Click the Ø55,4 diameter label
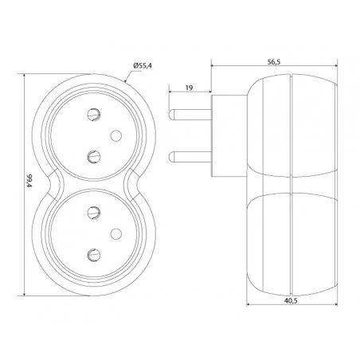point(143,66)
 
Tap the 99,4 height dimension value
point(29,181)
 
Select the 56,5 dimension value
point(274,62)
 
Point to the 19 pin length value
point(189,88)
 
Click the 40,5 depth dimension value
point(291,300)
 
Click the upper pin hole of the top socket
point(94,115)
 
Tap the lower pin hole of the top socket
point(94,157)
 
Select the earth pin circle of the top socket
point(116,135)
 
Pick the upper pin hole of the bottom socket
point(94,213)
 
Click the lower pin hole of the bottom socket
point(94,255)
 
